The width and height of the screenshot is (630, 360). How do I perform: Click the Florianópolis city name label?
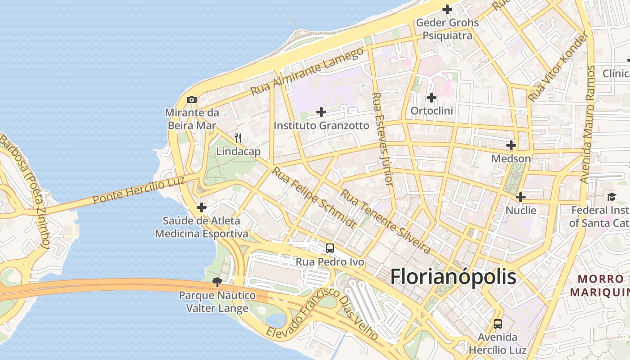[453, 276]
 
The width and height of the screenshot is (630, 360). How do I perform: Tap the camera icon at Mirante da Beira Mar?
[192, 99]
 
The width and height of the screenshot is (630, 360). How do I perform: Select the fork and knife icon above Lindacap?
[238, 138]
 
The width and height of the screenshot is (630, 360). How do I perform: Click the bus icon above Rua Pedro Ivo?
[330, 248]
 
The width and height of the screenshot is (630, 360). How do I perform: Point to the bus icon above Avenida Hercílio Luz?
[497, 324]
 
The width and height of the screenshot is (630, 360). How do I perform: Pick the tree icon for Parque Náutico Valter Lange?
[217, 282]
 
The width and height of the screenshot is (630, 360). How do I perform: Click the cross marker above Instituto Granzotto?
[321, 112]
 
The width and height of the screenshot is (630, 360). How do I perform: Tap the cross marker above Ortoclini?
[432, 97]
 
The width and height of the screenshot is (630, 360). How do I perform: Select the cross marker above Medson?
[511, 145]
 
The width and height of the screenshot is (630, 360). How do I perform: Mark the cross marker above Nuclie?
[521, 197]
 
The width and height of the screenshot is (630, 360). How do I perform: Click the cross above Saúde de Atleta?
[202, 207]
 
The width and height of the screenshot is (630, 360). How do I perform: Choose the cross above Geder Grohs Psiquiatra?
[447, 9]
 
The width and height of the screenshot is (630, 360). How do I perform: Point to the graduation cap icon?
[612, 197]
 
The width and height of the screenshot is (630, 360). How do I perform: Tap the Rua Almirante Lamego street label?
[307, 72]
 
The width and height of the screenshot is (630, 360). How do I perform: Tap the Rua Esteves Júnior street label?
[382, 139]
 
